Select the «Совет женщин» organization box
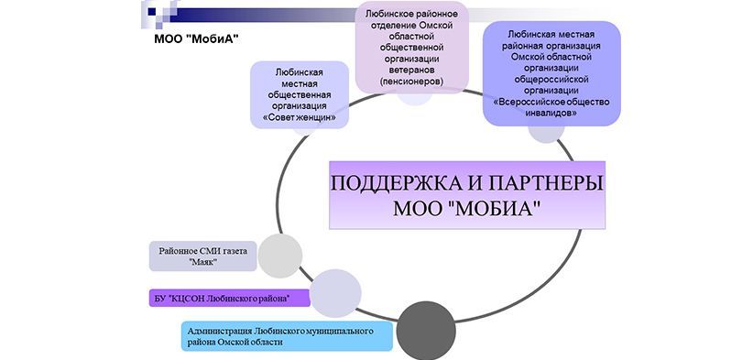point(299,94)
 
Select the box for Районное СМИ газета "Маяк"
point(203,256)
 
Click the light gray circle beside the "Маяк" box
point(280,255)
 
